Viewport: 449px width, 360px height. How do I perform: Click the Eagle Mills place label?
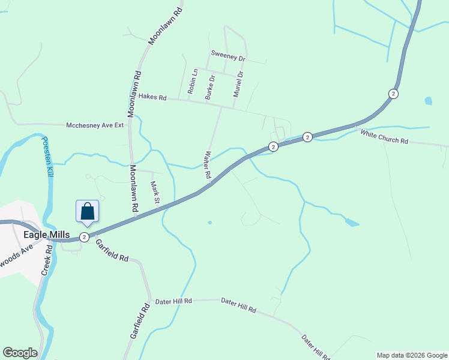point(47,234)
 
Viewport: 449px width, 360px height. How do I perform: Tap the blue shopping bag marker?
point(87,211)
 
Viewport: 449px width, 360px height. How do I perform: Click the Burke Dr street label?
point(209,88)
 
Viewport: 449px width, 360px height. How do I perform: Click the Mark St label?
point(154,192)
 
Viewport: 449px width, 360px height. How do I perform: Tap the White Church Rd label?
point(384,137)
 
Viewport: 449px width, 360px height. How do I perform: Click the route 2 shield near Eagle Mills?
point(85,237)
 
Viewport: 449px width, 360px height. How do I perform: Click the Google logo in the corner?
point(20,353)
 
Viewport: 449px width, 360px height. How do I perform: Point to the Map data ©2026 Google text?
point(411,355)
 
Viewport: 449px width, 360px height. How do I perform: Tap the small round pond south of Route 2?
point(209,223)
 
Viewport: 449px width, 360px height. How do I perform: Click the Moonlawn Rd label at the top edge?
point(161,25)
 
